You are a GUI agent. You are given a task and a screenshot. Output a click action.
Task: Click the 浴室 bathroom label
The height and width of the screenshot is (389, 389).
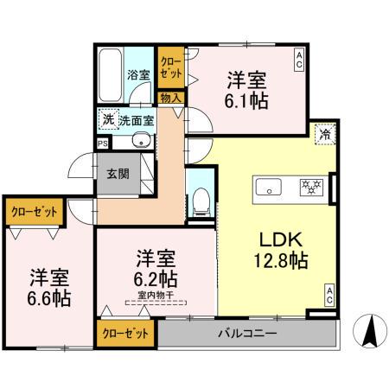pos(137,74)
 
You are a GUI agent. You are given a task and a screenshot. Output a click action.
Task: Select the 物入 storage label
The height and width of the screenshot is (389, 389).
pos(170,98)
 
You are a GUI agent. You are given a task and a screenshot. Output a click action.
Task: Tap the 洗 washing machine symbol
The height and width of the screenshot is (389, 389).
pos(107,118)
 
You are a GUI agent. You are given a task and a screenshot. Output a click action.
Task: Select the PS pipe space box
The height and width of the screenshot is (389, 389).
pos(103,144)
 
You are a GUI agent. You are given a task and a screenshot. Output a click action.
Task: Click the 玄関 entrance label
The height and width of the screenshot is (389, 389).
pos(117,173)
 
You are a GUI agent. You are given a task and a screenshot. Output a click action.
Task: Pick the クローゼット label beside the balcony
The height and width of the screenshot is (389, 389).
pos(125,332)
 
